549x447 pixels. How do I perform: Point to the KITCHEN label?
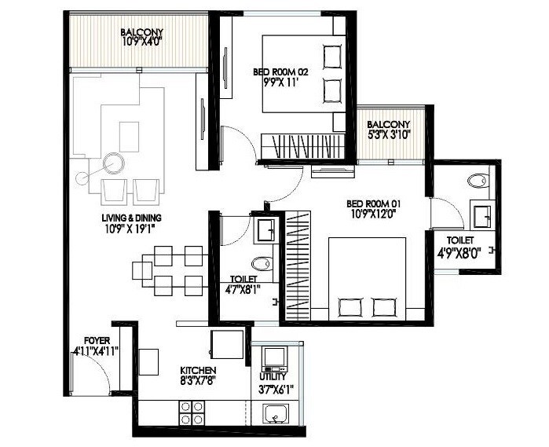point(198,370)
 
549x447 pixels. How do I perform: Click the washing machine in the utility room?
point(274,358)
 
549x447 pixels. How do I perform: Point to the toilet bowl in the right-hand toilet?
point(477,181)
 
